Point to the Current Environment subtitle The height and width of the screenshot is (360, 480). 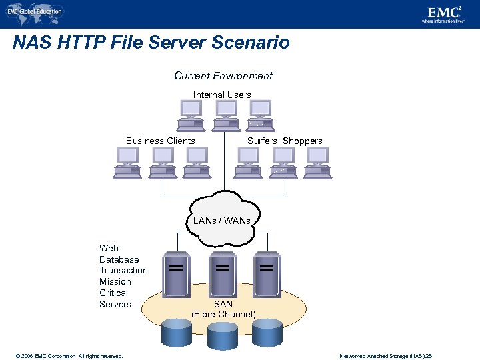(x=223, y=76)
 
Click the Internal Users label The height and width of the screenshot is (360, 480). (x=222, y=95)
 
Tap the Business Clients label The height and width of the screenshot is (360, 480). (x=161, y=141)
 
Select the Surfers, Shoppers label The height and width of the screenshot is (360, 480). (x=285, y=141)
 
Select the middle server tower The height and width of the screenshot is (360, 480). (x=222, y=273)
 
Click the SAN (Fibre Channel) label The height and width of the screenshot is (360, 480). (x=223, y=309)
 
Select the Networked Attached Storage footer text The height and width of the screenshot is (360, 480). (x=385, y=356)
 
